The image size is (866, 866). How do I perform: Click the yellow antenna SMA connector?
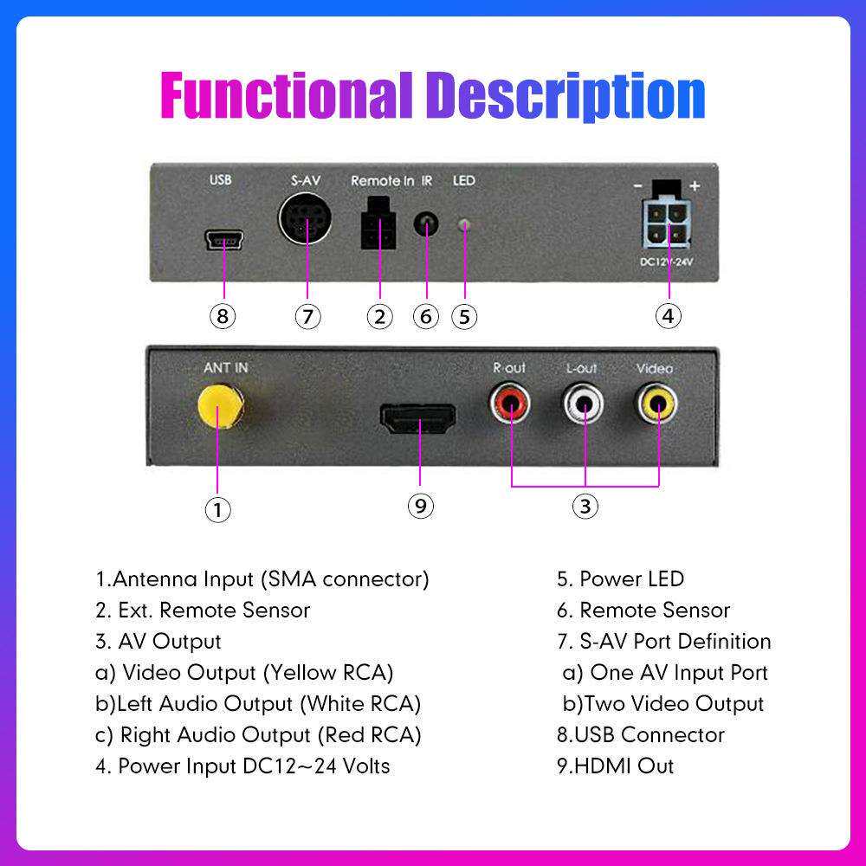click(220, 407)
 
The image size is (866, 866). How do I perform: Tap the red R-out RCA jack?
click(510, 404)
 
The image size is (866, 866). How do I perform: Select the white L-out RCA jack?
click(583, 404)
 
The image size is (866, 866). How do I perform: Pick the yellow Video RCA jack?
click(656, 404)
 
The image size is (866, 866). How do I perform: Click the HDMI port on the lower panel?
click(418, 418)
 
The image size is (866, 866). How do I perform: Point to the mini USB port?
click(224, 240)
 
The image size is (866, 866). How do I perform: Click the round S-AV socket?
click(305, 219)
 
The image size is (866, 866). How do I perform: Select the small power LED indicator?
click(464, 225)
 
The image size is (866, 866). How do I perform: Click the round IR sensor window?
click(426, 224)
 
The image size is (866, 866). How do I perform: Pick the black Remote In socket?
click(379, 223)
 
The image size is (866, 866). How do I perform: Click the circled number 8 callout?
click(223, 316)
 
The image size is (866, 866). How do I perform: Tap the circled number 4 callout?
click(669, 316)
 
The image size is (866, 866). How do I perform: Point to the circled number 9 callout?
click(421, 506)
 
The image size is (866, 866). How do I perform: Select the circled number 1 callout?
click(217, 509)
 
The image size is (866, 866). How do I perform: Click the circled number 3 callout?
click(585, 506)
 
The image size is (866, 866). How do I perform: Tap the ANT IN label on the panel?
click(226, 368)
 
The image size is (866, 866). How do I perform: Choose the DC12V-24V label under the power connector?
click(667, 262)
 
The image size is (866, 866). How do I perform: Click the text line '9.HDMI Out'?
click(615, 766)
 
